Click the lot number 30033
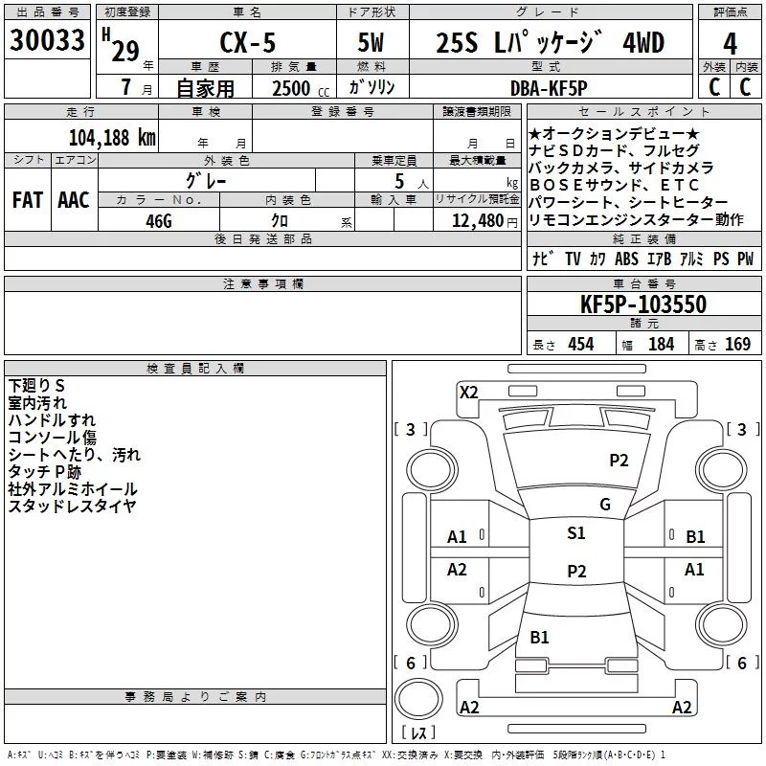point(47,42)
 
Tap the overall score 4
point(730,43)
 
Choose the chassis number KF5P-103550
point(643,304)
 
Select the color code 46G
point(158,219)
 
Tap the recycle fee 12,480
point(475,220)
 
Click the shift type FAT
point(27,200)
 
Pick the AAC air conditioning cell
point(74,200)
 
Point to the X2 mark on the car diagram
point(468,392)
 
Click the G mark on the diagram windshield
point(605,505)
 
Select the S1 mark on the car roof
point(575,533)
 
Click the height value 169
point(737,345)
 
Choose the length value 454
point(580,345)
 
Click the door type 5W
point(372,43)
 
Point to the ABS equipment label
point(626,259)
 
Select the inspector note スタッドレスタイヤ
point(72,506)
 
